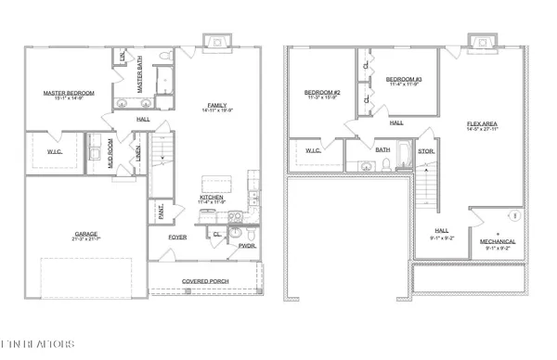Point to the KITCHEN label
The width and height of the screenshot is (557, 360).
point(214,197)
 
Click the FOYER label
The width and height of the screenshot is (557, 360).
point(177,237)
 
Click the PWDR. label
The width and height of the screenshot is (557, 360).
point(246,246)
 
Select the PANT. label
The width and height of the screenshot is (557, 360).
point(159,209)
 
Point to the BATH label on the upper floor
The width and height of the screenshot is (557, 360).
point(382,148)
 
